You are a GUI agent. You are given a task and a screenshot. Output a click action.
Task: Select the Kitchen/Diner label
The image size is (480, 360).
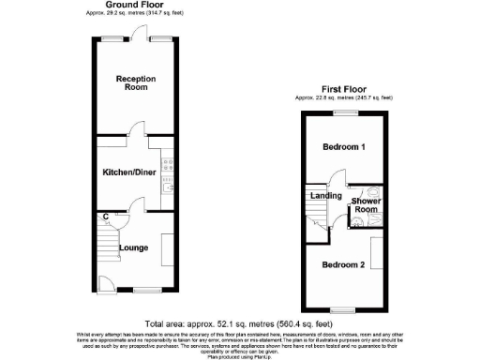[x=130, y=172]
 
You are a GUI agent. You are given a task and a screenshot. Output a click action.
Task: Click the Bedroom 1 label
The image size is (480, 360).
[x=344, y=148]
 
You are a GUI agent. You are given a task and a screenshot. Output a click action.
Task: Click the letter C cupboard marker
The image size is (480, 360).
[x=105, y=217]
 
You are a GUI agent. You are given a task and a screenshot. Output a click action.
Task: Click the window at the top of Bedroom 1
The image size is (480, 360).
[x=344, y=112]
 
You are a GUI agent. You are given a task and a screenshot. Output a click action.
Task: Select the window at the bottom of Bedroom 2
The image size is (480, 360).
[x=344, y=308]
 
